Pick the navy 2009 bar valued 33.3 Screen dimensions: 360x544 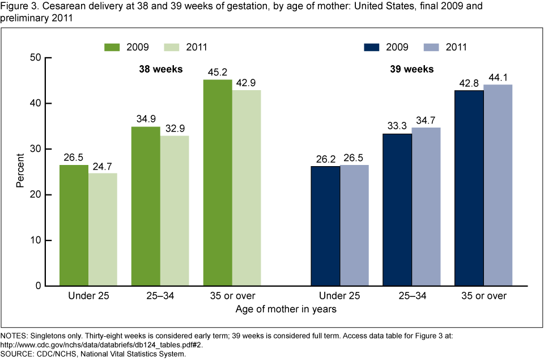click(397, 210)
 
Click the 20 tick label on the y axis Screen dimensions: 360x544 click(35, 194)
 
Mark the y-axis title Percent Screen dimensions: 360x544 click(20, 172)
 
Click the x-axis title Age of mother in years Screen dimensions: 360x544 click(286, 310)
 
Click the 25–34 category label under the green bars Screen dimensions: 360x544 click(160, 295)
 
